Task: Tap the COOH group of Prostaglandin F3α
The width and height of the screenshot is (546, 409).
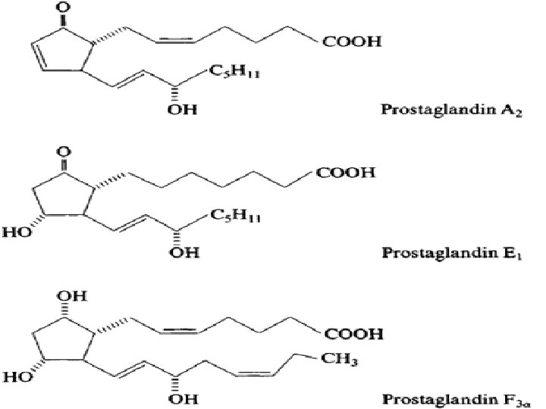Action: (x=352, y=333)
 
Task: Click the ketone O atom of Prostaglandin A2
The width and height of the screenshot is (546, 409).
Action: (x=40, y=11)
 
